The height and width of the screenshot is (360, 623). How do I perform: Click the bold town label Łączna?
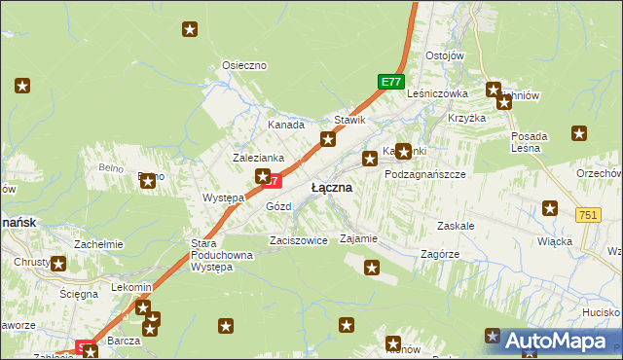[x=331, y=187]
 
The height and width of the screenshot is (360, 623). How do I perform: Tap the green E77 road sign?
[x=391, y=83]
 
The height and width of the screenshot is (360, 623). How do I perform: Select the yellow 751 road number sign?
[x=587, y=215]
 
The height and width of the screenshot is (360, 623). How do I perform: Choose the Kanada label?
[x=286, y=126]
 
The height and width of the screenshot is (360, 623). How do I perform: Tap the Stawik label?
[x=349, y=121]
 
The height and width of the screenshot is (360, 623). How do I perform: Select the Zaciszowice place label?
[x=298, y=240]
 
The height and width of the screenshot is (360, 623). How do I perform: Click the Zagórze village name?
[x=439, y=252]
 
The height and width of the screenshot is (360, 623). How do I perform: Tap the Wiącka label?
[x=554, y=240]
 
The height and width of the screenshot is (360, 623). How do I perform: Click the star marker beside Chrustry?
[x=57, y=263]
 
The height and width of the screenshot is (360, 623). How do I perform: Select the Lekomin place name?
[x=131, y=288]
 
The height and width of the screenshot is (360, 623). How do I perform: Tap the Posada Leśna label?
[x=531, y=141]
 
